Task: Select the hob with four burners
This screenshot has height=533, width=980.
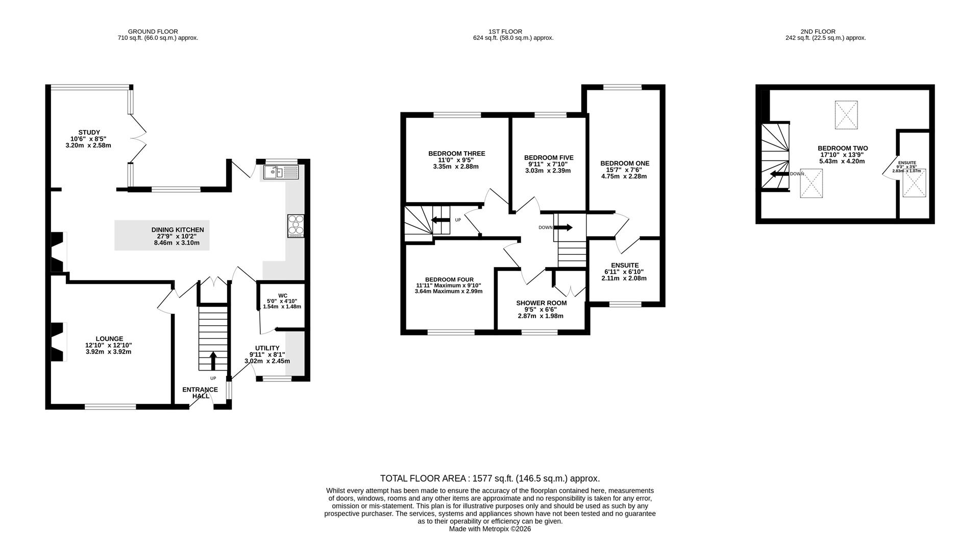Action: (x=296, y=226)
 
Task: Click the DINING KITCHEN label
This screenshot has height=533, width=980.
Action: (x=178, y=230)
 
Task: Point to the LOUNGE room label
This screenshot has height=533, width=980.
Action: (x=109, y=338)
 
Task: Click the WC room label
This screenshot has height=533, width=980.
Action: (x=283, y=296)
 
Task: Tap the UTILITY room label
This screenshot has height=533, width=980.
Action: (x=267, y=348)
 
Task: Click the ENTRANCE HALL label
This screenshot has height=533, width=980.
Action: (x=200, y=393)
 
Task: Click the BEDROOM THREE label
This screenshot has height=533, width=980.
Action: (x=457, y=153)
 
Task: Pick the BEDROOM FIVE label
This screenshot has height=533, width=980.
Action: (x=549, y=158)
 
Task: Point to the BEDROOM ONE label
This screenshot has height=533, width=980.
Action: (x=625, y=163)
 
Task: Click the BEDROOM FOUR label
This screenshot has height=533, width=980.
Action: (x=449, y=279)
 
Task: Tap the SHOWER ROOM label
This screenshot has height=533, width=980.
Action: (x=541, y=303)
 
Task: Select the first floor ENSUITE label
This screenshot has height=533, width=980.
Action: (x=625, y=265)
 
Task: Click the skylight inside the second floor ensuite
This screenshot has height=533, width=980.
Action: (x=914, y=184)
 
